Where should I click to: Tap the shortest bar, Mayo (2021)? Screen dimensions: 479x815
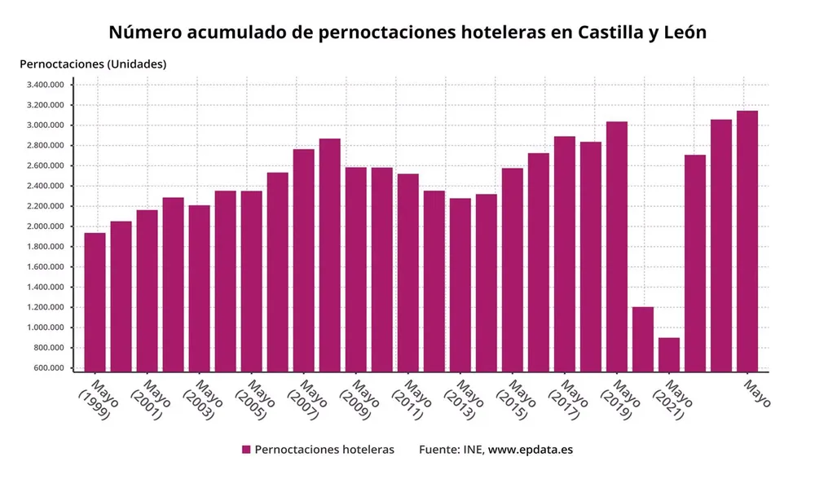669,354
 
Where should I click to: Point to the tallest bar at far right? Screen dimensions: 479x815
747,241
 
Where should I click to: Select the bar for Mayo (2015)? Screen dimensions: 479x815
513,269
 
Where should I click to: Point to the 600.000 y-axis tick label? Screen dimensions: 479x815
48,368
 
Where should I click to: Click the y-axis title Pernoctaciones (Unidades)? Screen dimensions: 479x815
92,64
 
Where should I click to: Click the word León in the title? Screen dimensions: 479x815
679,33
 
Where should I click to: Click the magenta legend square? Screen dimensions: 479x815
246,450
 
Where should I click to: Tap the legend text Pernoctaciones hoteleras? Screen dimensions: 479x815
324,450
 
